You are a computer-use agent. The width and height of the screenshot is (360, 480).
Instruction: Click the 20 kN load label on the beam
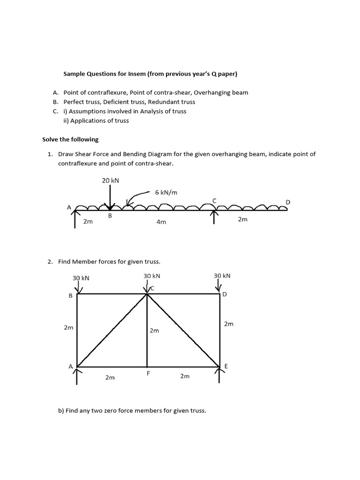[x=110, y=180]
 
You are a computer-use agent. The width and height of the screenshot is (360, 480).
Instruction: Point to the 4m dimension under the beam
[x=161, y=222]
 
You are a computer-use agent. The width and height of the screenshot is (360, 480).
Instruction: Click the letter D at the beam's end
[x=288, y=202]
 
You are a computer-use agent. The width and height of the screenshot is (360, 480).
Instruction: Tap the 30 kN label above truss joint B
[x=81, y=278]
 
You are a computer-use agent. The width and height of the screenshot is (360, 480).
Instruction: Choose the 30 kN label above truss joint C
[x=152, y=276]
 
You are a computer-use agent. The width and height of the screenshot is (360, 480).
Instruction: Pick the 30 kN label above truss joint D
[x=222, y=276]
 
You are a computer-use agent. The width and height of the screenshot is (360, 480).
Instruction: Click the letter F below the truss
[x=148, y=374]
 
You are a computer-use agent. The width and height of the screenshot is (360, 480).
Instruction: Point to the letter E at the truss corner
[x=226, y=366]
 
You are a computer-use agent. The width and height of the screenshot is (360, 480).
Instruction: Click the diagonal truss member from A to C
[x=112, y=330]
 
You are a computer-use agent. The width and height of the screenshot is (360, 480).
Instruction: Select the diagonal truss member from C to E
[x=184, y=330]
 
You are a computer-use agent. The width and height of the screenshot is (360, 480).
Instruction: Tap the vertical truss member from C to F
[x=147, y=347]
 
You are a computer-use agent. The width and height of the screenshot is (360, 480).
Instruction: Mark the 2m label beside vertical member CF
[x=154, y=330]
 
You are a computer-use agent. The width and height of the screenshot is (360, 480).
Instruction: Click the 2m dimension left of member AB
[x=68, y=328]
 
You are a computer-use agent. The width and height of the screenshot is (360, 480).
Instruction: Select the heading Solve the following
[x=70, y=139]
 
